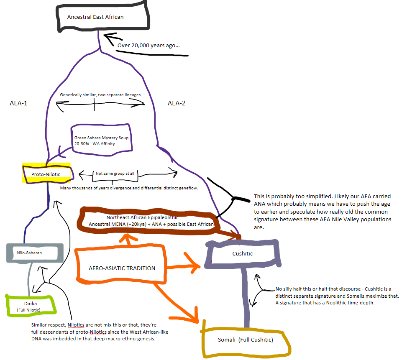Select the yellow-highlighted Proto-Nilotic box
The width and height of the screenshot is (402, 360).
pyautogui.click(x=46, y=174)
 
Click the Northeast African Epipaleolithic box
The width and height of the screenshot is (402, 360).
pyautogui.click(x=148, y=221)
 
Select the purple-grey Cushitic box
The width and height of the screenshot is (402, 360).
pyautogui.click(x=243, y=253)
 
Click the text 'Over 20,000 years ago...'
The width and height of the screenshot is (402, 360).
pyautogui.click(x=149, y=45)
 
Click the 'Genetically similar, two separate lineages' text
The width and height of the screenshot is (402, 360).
pyautogui.click(x=100, y=94)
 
